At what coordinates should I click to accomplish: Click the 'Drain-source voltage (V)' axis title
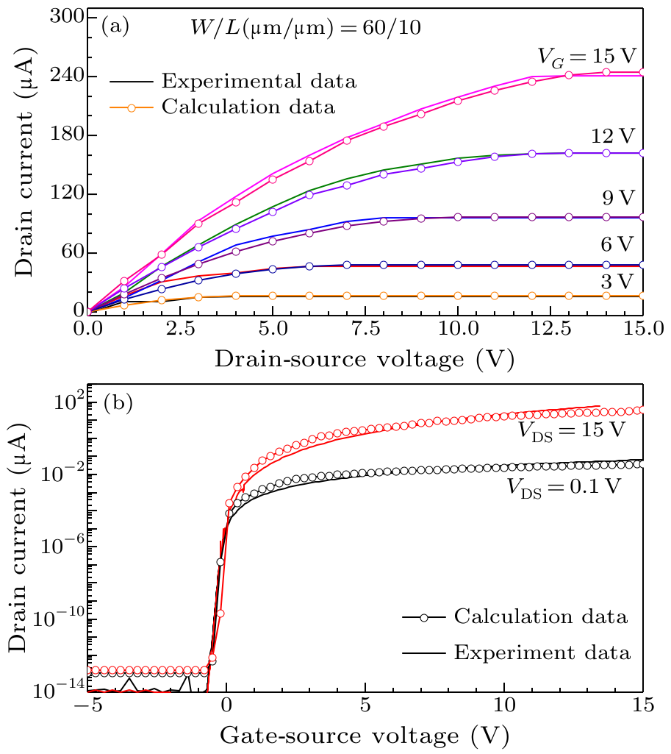pyautogui.click(x=365, y=360)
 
